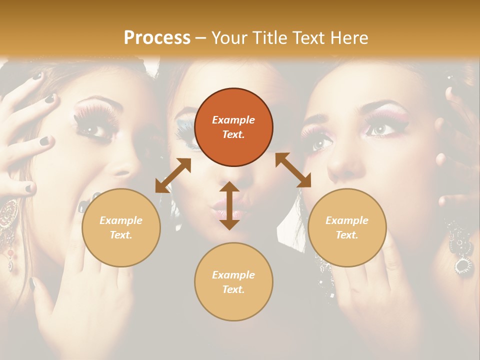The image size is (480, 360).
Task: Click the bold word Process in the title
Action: click(x=157, y=37)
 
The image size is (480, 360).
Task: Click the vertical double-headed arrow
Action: click(x=229, y=205)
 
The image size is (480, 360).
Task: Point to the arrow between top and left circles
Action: click(x=173, y=175)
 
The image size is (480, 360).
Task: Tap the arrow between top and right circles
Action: click(x=293, y=170)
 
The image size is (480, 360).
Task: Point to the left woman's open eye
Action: click(x=93, y=130)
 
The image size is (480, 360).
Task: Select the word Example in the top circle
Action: click(x=233, y=120)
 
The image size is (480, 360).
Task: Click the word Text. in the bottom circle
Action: click(x=233, y=289)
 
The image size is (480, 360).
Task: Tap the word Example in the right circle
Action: click(x=347, y=220)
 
